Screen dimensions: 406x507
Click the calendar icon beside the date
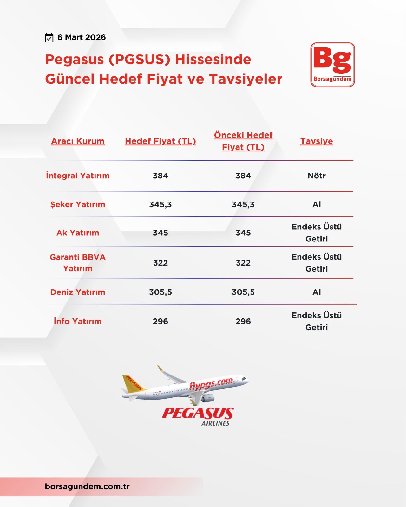[x=49, y=38]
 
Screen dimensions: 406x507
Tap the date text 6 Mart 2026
[x=82, y=37]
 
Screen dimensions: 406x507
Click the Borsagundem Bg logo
[x=332, y=65]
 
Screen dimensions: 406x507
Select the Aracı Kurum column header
[x=78, y=141]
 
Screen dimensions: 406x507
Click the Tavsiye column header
[x=316, y=141]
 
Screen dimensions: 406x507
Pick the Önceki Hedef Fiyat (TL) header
[x=243, y=141]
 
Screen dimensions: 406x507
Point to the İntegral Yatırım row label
[x=78, y=176]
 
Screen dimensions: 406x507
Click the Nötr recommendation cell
[x=316, y=176]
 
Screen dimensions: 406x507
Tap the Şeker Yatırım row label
[x=78, y=204]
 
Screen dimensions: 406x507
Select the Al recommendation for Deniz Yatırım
[x=316, y=292]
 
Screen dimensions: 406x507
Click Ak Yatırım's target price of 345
[x=160, y=233]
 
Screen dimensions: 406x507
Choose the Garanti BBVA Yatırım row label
[x=78, y=263]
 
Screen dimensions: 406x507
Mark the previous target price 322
[x=243, y=263]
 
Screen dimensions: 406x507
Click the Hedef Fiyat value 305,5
[x=160, y=292]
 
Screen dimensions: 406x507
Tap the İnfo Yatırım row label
[x=78, y=321]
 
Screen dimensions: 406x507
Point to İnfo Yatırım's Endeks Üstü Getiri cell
[x=316, y=321]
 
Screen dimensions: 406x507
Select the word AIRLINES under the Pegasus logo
[x=215, y=423]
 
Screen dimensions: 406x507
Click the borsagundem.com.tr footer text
[x=87, y=486]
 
